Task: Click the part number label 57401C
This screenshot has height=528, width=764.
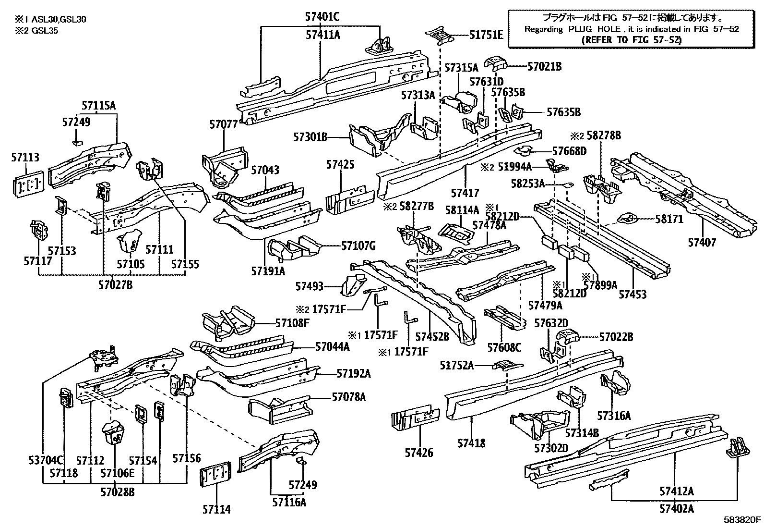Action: (322, 17)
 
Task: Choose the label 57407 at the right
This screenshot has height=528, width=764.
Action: (702, 242)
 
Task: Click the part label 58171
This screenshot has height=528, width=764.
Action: (669, 219)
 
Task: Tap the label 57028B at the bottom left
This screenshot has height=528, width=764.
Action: (118, 491)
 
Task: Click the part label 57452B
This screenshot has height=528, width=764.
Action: (432, 337)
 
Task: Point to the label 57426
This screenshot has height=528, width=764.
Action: (418, 452)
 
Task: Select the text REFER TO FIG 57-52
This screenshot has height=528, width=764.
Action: (631, 40)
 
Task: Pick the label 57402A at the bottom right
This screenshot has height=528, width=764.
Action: (676, 508)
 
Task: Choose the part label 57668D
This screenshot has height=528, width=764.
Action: (569, 151)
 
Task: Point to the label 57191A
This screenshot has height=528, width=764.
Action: (268, 271)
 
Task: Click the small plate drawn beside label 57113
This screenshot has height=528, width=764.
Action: (29, 183)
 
